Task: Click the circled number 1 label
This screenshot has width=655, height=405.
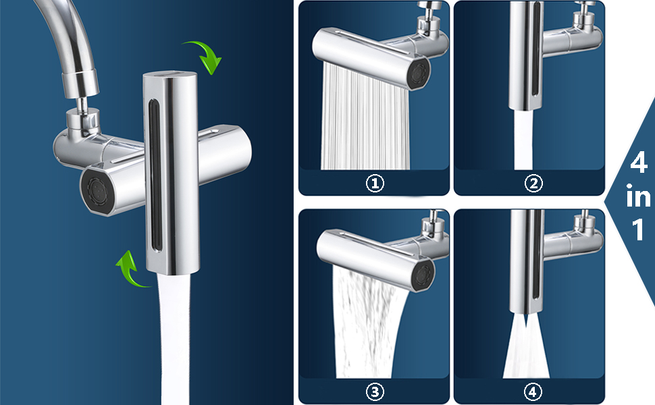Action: pos(375,184)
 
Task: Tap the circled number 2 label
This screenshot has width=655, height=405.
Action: pos(533,184)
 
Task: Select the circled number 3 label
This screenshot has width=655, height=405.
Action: pos(375,391)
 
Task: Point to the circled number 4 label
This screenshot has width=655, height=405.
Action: pos(532,391)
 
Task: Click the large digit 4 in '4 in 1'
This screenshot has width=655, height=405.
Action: pos(639,163)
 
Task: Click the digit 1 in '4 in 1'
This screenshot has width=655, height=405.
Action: pos(638,230)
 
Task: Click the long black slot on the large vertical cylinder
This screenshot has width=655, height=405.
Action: pos(155,175)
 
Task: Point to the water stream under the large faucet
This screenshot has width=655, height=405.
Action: pos(174,339)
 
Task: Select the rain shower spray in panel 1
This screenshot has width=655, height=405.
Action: pos(364,117)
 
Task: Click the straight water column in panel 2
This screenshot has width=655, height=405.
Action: pos(523,140)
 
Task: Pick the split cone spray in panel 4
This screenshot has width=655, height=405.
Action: pos(526,346)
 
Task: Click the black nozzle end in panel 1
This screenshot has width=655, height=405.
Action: pos(419,74)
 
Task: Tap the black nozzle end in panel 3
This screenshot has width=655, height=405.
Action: pos(423,274)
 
